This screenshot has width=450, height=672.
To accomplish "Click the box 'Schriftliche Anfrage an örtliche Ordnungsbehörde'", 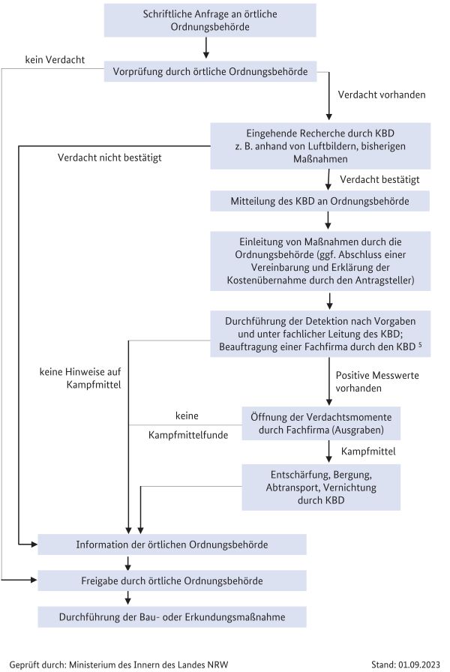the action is pos(210,20).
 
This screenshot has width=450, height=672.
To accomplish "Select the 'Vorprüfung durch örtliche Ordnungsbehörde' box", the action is pos(210,71).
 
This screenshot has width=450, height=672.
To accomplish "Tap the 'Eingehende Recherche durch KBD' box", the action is pos(320,145).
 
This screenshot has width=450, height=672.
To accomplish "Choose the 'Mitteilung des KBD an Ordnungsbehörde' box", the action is pos(319,201).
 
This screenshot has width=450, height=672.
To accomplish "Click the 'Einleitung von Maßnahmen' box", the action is pos(320,261).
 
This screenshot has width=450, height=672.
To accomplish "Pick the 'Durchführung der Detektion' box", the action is pos(320,334).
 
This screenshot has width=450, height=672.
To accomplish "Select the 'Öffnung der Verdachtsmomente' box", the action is pos(321,424).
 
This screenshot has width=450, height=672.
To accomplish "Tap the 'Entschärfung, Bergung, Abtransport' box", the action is pos(321,487).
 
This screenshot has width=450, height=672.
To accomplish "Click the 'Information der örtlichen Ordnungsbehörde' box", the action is pos(172,544).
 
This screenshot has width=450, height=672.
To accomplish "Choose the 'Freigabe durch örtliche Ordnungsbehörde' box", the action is pos(172,580).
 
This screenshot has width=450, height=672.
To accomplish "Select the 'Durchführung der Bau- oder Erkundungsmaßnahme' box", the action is pos(172,617).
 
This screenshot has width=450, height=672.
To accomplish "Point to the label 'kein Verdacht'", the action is pos(55,59).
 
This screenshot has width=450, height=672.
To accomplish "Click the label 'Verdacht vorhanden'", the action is pos(382,94).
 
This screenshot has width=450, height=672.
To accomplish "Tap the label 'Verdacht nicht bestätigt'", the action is pos(109,157).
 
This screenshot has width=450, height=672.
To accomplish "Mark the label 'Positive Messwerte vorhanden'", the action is pos(377,382).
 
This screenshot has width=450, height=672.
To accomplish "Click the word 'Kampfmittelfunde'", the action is pos(188,435).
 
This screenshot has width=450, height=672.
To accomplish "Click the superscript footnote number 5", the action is pos(420,343).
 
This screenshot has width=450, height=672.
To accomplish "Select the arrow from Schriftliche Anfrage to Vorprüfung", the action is pos(206,47).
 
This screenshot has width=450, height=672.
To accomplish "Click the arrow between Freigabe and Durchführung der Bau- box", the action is pos(127,598).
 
